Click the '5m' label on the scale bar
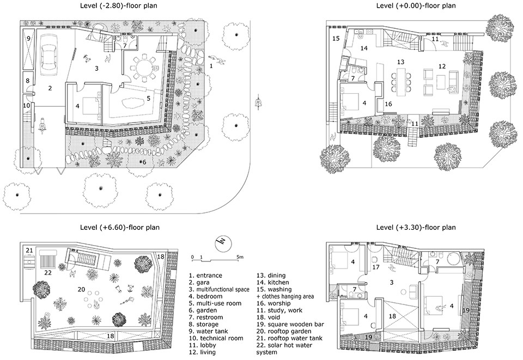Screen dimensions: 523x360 click(x=240, y=257)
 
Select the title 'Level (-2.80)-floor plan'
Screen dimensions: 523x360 click(x=118, y=5)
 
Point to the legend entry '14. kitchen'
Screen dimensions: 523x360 click(x=272, y=282)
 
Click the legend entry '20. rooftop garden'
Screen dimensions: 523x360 click(x=283, y=331)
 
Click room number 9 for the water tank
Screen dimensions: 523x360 click(x=29, y=39)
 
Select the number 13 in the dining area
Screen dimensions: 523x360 click(x=400, y=62)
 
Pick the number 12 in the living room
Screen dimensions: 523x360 click(x=442, y=66)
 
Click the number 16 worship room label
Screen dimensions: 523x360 click(x=388, y=105)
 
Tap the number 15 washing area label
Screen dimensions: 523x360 click(x=336, y=39)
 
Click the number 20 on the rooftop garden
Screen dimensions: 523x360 click(x=81, y=290)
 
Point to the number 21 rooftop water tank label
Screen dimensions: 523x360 click(x=29, y=251)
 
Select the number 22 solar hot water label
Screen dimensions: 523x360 click(x=48, y=273)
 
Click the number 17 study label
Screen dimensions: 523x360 click(x=376, y=267)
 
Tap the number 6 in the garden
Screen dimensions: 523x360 click(x=144, y=162)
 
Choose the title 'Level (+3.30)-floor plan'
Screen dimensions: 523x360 click(x=416, y=228)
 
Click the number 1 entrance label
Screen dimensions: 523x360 click(x=211, y=66)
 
